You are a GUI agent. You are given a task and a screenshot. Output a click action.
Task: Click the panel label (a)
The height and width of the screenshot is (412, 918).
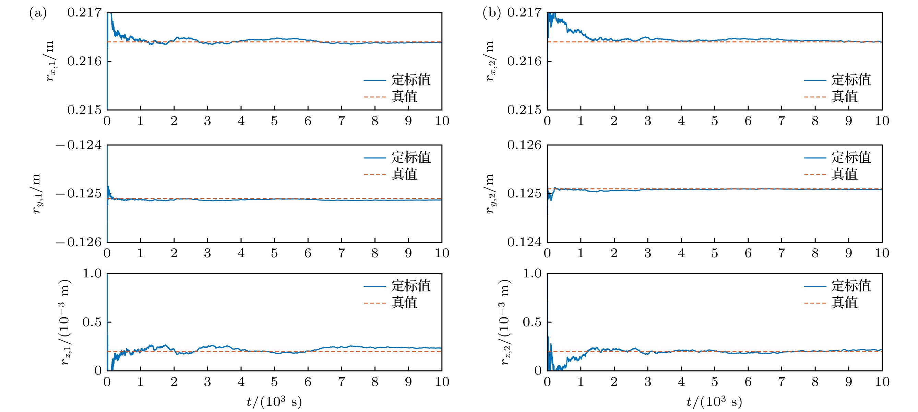tap(38, 13)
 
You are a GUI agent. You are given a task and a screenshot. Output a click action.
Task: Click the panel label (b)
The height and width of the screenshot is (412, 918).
tap(491, 13)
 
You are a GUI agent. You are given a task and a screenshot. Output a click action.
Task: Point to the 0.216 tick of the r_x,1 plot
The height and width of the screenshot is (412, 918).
tap(84, 61)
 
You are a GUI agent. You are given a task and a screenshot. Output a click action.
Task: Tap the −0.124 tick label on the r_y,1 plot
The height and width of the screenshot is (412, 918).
tap(79, 145)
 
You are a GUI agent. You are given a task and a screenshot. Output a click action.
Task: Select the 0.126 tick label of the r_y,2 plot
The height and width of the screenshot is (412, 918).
tap(524, 145)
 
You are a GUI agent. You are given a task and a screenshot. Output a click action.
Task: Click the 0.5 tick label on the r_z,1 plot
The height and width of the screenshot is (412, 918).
tap(92, 322)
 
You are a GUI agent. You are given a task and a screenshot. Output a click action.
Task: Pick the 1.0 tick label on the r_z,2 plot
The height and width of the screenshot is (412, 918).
tap(532, 274)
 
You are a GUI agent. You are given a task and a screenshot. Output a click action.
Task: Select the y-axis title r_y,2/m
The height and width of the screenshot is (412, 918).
tap(490, 194)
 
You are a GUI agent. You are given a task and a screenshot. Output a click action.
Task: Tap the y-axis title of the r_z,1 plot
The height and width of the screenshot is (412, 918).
tap(65, 322)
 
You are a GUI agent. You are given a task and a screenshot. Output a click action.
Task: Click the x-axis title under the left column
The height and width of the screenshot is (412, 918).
tap(274, 402)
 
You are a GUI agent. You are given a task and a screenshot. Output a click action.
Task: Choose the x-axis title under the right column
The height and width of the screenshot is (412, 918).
tap(714, 402)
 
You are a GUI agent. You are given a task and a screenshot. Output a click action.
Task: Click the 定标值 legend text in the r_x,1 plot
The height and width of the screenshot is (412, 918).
tap(411, 80)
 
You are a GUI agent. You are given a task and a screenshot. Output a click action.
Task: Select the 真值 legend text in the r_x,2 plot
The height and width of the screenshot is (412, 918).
tap(844, 97)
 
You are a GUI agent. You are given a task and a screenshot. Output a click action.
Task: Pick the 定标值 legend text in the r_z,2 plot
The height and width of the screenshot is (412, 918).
tap(851, 286)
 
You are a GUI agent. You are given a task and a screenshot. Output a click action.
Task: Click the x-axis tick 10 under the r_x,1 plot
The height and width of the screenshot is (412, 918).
tap(442, 121)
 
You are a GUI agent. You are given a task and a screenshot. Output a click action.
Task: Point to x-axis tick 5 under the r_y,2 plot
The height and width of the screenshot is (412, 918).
tap(715, 253)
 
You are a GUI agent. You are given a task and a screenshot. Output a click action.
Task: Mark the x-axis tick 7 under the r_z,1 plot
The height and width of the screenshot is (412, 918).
tap(342, 382)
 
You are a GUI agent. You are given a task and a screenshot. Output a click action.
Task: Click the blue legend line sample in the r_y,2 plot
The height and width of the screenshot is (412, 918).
tap(815, 158)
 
